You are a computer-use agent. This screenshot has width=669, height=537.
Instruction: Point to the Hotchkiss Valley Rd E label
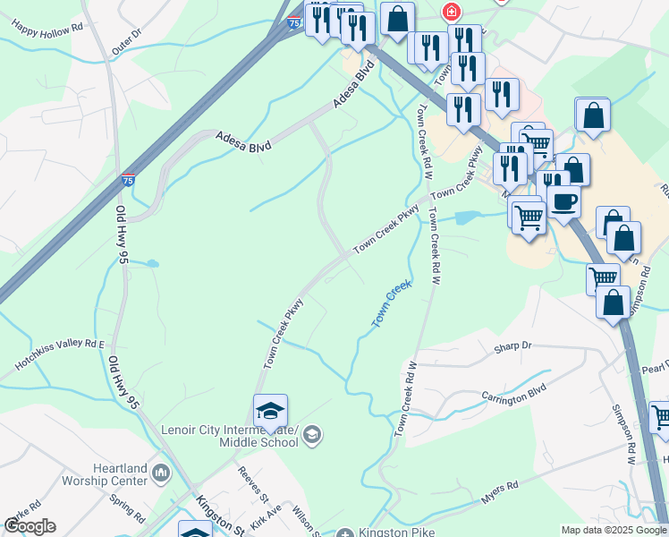tap(59, 354)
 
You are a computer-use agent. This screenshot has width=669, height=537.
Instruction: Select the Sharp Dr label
tap(513, 345)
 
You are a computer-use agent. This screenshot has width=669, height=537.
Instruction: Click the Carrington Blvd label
tap(513, 394)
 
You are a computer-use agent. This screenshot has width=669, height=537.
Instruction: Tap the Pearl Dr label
tap(655, 368)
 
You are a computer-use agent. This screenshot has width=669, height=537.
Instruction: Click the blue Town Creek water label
tap(391, 303)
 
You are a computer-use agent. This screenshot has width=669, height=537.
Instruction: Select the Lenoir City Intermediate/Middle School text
tap(230, 436)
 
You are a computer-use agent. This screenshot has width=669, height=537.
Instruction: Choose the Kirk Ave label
tap(266, 513)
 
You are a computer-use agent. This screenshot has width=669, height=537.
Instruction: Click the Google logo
tap(30, 526)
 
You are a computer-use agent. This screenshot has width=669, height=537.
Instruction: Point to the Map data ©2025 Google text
tap(613, 530)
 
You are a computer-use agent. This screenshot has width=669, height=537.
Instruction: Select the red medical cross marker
tap(452, 12)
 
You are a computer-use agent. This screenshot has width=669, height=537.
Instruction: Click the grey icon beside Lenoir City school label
tap(311, 436)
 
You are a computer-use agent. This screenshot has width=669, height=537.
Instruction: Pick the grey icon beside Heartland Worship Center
tap(162, 471)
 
